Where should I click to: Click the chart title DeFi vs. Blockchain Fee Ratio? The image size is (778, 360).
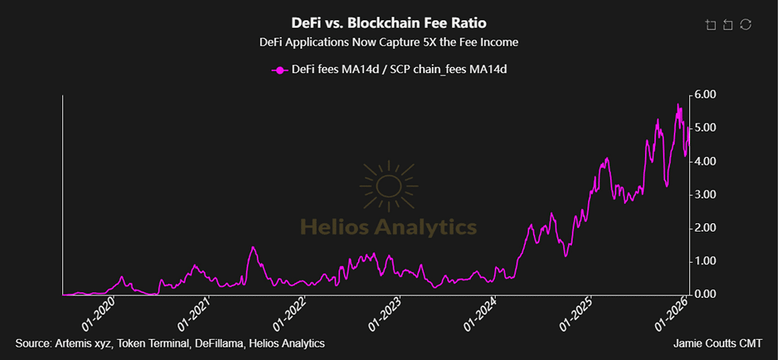click(388, 22)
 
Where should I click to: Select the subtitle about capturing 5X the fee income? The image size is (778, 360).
click(388, 42)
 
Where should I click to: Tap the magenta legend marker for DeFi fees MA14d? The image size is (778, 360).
click(279, 70)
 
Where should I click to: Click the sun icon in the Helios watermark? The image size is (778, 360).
click(388, 185)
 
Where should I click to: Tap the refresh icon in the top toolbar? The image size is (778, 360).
click(745, 25)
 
